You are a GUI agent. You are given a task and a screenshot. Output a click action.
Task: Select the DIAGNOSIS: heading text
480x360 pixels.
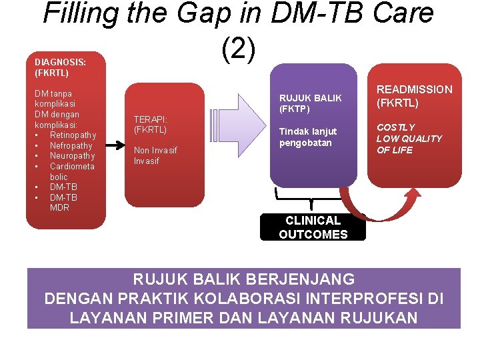click(60, 62)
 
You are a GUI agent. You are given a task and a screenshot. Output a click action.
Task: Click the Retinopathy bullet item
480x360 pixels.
click(73, 135)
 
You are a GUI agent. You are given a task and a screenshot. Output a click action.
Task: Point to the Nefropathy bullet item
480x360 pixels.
click(71, 145)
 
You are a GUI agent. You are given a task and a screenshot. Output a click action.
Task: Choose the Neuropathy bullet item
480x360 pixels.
click(72, 156)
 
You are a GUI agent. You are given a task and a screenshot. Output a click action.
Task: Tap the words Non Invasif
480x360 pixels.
click(155, 150)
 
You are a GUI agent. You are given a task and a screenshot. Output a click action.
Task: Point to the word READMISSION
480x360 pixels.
click(414, 89)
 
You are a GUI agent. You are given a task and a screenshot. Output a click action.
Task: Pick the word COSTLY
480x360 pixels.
click(395, 127)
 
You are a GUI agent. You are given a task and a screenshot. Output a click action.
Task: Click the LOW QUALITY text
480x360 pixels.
click(409, 139)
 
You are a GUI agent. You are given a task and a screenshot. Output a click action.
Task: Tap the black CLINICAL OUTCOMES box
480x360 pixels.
click(313, 227)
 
